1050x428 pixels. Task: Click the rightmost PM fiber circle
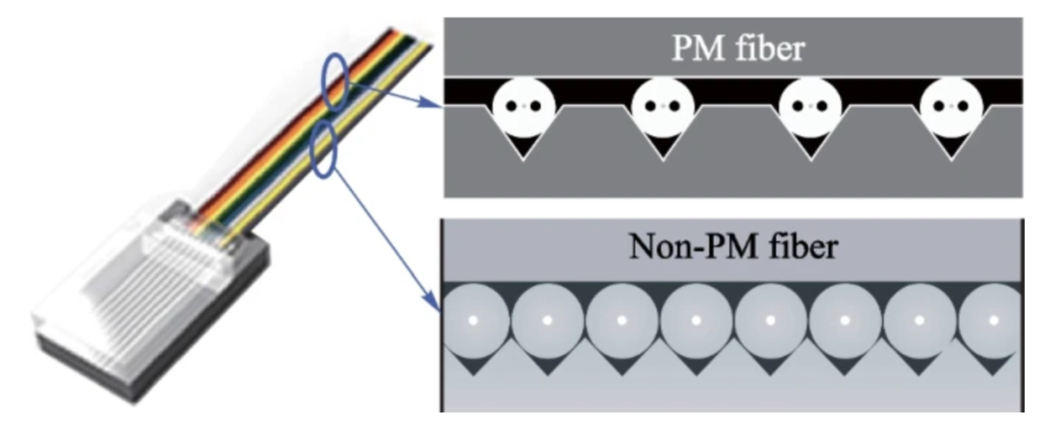tap(949, 106)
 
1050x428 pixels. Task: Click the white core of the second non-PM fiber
tap(547, 319)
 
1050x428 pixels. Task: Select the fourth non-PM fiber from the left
tap(696, 320)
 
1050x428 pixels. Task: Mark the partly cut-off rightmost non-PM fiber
tap(992, 320)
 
